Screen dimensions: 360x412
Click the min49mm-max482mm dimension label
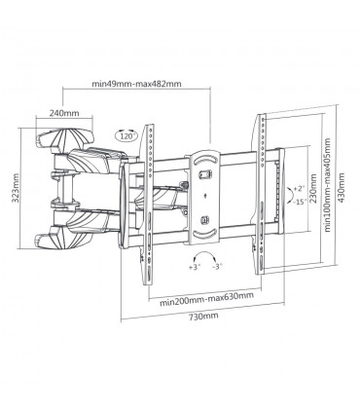[136, 84]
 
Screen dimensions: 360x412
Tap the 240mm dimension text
[64, 113]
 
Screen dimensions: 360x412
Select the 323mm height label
[15, 188]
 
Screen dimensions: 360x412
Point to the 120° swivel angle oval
[126, 135]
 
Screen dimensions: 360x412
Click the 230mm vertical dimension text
[313, 188]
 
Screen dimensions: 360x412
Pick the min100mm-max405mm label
[328, 185]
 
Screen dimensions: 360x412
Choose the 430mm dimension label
[342, 188]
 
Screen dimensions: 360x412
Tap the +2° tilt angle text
[300, 188]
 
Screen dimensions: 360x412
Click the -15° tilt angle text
[300, 202]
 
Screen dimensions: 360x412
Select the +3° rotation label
[195, 267]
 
